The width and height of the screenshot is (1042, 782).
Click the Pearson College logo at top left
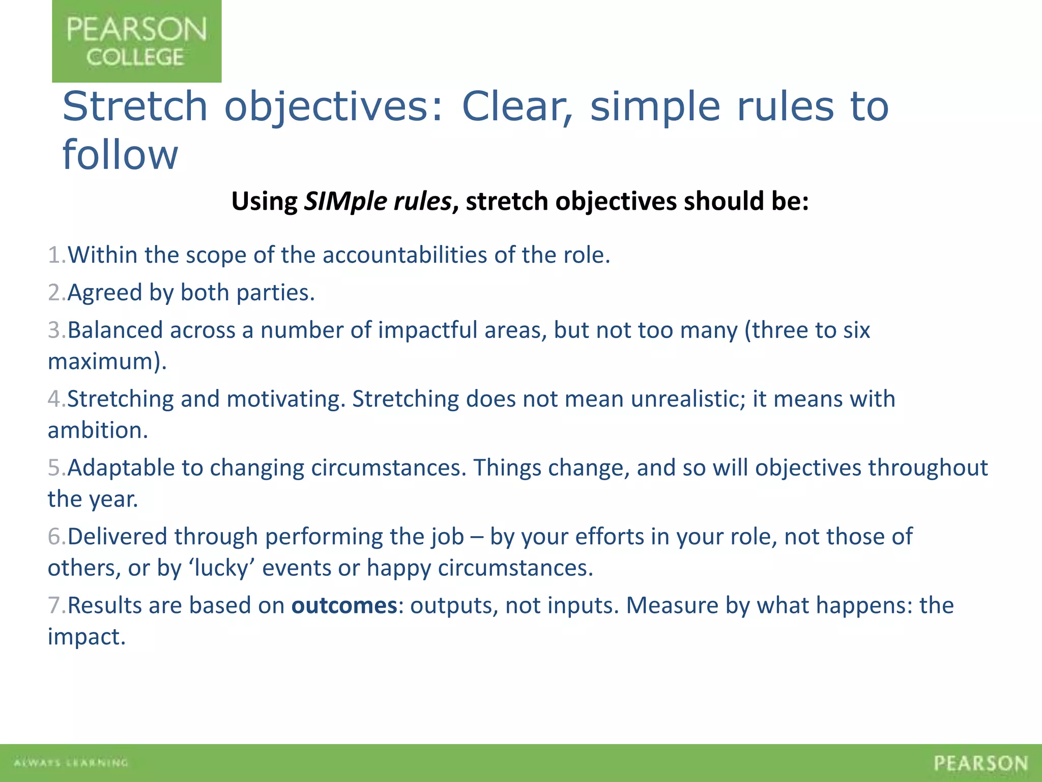tap(136, 41)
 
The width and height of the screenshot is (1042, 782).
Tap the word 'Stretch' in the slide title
tap(135, 106)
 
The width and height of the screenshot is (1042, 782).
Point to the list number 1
tap(55, 255)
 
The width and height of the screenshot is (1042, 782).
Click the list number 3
tap(55, 330)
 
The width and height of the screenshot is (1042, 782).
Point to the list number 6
tap(55, 537)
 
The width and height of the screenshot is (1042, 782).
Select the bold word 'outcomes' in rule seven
tap(344, 605)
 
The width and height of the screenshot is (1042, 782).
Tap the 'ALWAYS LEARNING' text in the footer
tap(71, 763)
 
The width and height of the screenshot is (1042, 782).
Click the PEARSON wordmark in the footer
tap(980, 763)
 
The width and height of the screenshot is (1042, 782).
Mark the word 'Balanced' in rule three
tap(115, 330)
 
